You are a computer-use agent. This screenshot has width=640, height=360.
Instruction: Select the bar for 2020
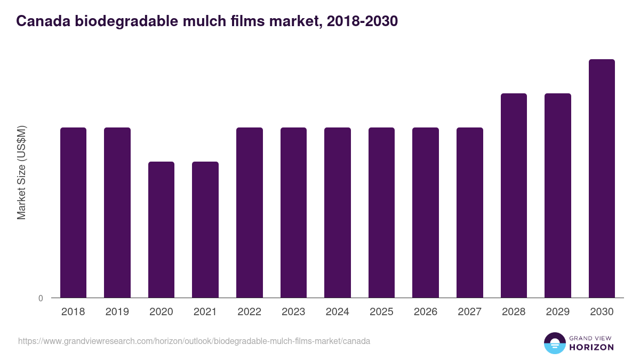(x=161, y=229)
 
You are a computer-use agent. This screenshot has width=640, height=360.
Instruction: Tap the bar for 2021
(x=205, y=229)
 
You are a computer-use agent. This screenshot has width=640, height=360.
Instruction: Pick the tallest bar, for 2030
(x=602, y=178)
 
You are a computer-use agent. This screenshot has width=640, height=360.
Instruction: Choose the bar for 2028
(x=514, y=195)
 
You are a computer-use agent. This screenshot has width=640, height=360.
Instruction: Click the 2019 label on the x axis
(x=117, y=312)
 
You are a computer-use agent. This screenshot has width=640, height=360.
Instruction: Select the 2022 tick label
(x=249, y=312)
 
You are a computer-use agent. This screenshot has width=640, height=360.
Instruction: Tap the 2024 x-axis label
(x=338, y=312)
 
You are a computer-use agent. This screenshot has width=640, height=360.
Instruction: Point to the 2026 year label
(x=426, y=312)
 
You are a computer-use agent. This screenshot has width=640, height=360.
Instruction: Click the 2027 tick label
(x=469, y=312)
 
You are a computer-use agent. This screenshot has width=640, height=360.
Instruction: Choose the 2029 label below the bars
(x=557, y=312)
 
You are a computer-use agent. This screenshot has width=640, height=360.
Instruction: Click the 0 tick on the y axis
(x=41, y=298)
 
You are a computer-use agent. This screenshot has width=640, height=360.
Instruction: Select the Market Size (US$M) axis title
(x=21, y=172)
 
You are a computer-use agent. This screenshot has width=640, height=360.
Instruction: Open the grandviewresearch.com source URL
(x=194, y=341)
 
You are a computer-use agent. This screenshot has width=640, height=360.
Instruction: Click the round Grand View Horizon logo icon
(x=555, y=343)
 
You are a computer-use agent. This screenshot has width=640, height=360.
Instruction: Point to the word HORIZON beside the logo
(x=592, y=347)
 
